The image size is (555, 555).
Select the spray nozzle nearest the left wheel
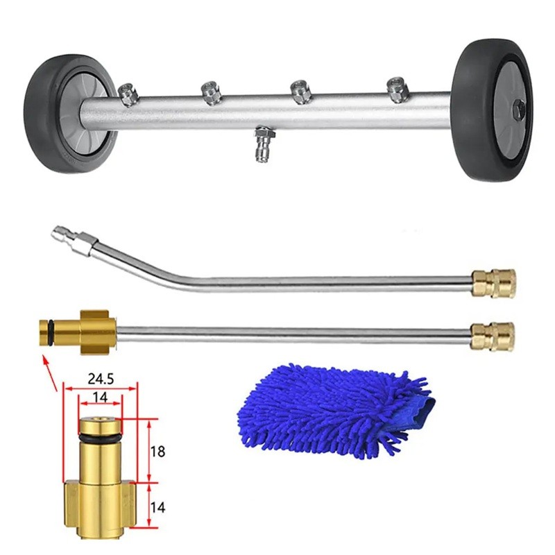click(127, 94)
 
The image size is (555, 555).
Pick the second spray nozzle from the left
click(212, 92)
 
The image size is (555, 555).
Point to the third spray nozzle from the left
click(300, 92)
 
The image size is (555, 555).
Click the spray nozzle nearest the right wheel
click(397, 89)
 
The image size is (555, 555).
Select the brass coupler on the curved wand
click(493, 282)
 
